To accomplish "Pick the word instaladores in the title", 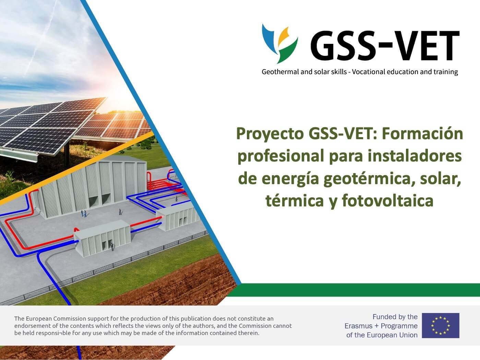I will coord(415,156).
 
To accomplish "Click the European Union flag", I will coord(440,325).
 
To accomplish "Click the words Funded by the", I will coord(395,317).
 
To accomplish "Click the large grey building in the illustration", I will coord(93,185).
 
